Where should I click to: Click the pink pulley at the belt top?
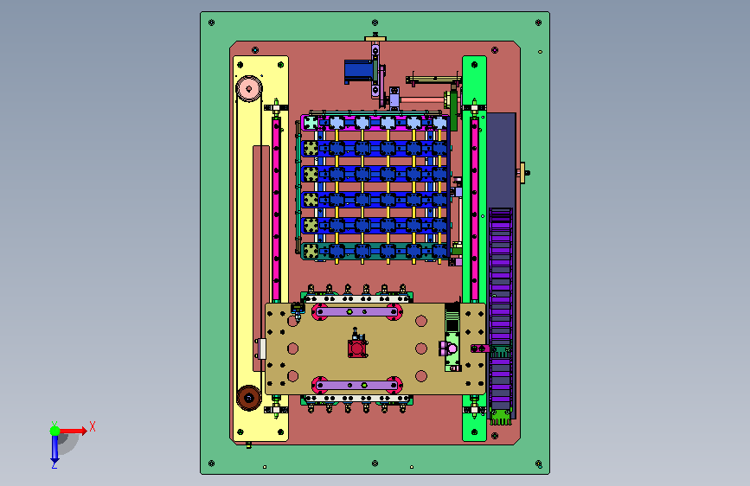(x=249, y=88)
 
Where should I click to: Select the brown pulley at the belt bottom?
(x=249, y=398)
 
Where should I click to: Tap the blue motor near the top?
(x=359, y=71)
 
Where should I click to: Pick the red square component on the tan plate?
(x=357, y=349)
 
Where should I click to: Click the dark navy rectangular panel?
(x=501, y=160)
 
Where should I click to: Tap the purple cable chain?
(x=501, y=309)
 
